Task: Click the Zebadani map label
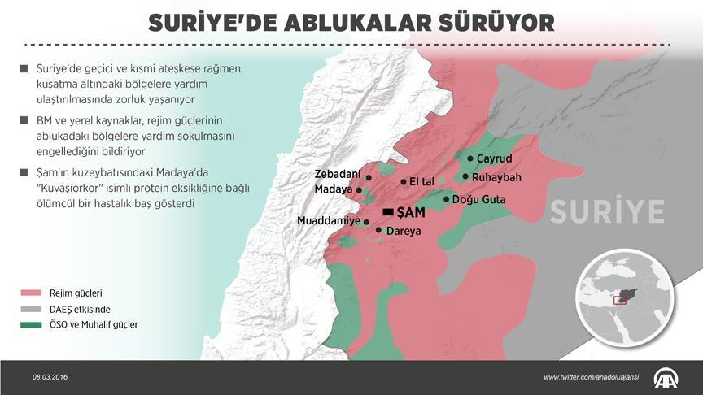(x=338, y=175)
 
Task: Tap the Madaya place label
(x=334, y=189)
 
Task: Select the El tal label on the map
(x=426, y=181)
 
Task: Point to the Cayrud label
(x=494, y=158)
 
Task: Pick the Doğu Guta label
(x=478, y=199)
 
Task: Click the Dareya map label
(x=404, y=231)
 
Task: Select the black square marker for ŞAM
(x=388, y=213)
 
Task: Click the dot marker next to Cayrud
(x=469, y=158)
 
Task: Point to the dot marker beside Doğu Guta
(x=446, y=199)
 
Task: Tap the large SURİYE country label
(x=607, y=211)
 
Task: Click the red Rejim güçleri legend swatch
(x=31, y=293)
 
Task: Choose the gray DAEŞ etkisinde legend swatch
(x=31, y=309)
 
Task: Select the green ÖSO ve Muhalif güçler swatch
(x=31, y=325)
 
